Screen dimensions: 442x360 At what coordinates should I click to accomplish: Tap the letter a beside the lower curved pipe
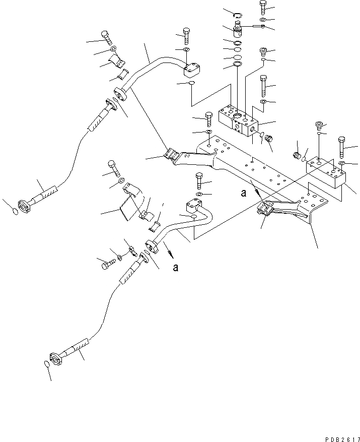175,268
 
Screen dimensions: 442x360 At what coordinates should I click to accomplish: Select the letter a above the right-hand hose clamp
244,192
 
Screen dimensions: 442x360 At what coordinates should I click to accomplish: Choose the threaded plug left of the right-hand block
297,154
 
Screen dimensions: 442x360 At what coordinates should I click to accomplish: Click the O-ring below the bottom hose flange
46,363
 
